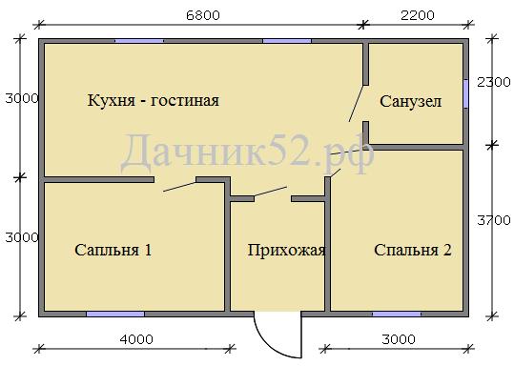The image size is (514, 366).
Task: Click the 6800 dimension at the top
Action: (x=203, y=15)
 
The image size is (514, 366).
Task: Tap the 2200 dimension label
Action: (x=418, y=15)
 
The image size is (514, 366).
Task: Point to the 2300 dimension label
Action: (x=494, y=82)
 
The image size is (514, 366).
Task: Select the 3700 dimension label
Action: (x=494, y=220)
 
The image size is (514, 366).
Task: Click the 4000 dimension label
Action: (x=136, y=339)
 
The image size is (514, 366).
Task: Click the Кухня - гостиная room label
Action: (x=154, y=100)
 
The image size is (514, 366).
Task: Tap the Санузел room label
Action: (x=410, y=101)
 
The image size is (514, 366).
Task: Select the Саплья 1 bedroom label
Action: (x=113, y=250)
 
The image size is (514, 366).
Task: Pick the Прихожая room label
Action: (x=286, y=250)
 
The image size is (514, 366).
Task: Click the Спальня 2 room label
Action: (x=412, y=250)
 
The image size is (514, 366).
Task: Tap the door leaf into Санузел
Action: (x=356, y=104)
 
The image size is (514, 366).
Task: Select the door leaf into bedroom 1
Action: (x=179, y=187)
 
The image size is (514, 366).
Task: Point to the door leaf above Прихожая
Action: (x=271, y=192)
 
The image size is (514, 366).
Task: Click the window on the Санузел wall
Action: (x=465, y=93)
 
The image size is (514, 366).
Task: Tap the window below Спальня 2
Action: (x=397, y=314)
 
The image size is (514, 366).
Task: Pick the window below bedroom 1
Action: (x=115, y=314)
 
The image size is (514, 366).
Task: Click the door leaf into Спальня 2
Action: (x=336, y=173)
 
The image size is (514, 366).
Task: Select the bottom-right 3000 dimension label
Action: (x=399, y=339)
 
